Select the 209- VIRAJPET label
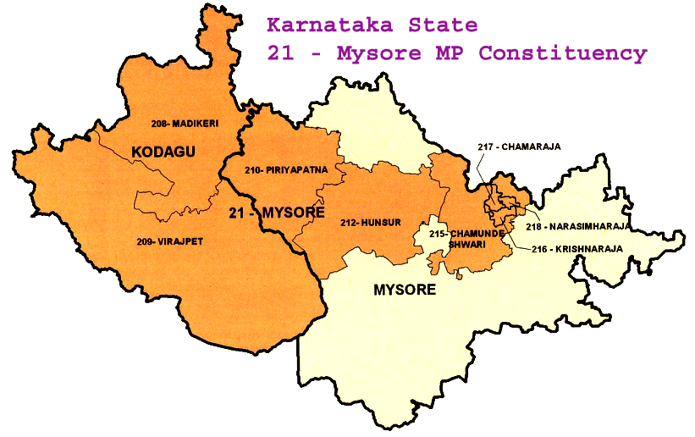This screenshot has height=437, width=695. (x=170, y=241)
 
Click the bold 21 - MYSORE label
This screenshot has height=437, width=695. (x=276, y=213)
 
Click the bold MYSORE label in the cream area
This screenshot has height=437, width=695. (x=405, y=290)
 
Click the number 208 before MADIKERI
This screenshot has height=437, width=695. (x=161, y=124)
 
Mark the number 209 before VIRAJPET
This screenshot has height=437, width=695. (x=143, y=241)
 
